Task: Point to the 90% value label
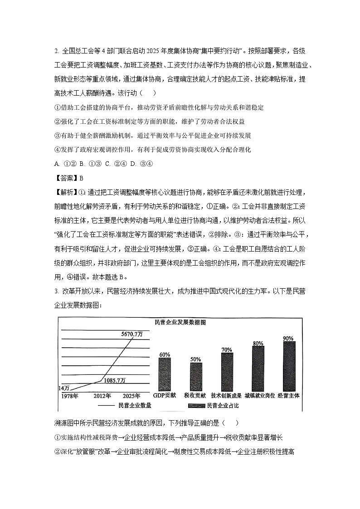point(288,339)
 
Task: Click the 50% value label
point(196,359)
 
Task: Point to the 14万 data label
point(64,388)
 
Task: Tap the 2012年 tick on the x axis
point(103,396)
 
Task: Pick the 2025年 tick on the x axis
point(131,396)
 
